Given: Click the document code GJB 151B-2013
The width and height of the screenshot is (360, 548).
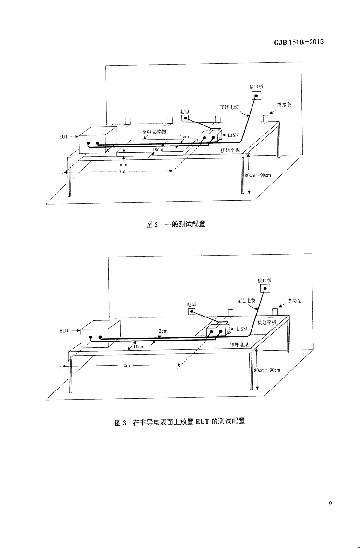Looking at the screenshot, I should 299,42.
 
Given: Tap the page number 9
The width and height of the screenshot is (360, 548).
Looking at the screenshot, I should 330,503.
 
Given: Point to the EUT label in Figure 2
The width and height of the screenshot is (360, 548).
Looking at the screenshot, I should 63,137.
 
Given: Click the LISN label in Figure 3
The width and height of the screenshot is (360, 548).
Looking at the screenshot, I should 241,329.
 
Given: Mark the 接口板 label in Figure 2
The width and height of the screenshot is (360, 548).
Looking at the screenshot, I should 256,86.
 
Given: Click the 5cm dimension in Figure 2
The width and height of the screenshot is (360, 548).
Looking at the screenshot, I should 123,164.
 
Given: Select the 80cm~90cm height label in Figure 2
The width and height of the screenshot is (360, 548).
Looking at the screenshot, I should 258,175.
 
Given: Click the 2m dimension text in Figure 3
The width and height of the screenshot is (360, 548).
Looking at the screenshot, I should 127,365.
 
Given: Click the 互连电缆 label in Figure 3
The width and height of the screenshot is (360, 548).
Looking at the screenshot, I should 245,300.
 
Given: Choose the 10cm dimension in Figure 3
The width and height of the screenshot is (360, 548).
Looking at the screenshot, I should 139,346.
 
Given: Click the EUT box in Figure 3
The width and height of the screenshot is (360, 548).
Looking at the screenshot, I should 99,334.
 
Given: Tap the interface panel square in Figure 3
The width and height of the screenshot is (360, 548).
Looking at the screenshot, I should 265,289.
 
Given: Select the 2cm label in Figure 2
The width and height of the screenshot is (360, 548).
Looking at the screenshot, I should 184,137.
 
